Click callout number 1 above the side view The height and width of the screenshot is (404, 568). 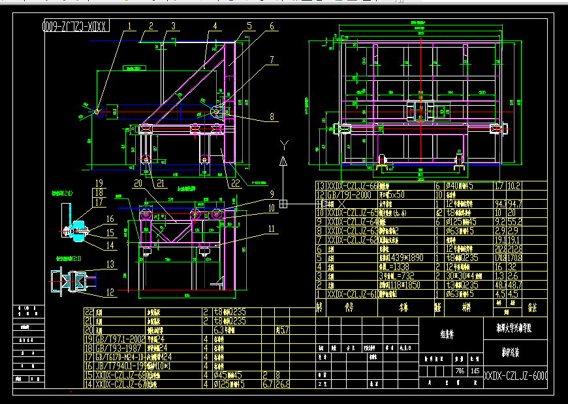click(129, 27)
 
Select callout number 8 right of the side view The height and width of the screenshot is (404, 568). click(271, 118)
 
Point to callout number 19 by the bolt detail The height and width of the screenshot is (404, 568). click(99, 183)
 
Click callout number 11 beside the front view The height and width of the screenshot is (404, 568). click(271, 228)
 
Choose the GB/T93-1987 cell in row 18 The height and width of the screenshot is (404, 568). click(118, 348)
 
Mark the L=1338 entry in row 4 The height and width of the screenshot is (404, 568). click(396, 267)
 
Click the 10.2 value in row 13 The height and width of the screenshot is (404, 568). click(514, 186)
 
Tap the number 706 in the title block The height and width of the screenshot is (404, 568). click(459, 371)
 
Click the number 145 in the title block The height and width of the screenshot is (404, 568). click(474, 371)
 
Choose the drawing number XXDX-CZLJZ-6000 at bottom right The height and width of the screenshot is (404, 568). click(516, 377)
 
